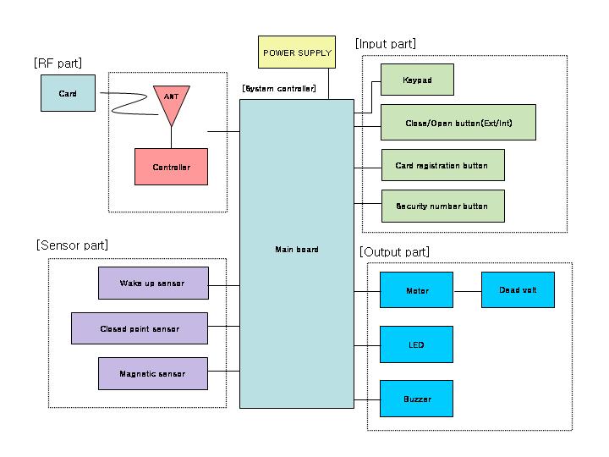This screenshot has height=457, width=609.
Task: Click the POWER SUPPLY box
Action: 297,52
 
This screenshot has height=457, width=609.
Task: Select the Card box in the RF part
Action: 68,93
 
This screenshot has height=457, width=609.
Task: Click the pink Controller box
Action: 171,167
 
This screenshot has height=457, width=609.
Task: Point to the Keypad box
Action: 417,80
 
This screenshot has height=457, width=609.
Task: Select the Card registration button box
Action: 442,165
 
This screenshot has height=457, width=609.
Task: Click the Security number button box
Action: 442,206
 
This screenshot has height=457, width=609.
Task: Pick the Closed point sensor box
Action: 139,328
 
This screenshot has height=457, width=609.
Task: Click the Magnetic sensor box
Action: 152,373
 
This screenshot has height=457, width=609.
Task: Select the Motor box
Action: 416,290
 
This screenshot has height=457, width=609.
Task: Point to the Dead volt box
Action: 518,289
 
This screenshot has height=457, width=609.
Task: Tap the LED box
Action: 416,344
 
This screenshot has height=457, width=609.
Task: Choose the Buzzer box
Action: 416,399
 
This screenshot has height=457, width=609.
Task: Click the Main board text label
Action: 296,250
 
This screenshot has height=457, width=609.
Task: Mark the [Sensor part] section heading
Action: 72,245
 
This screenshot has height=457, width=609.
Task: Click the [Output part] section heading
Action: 394,252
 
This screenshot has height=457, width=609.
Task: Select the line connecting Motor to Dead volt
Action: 467,290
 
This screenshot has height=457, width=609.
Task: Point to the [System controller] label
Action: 279,88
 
